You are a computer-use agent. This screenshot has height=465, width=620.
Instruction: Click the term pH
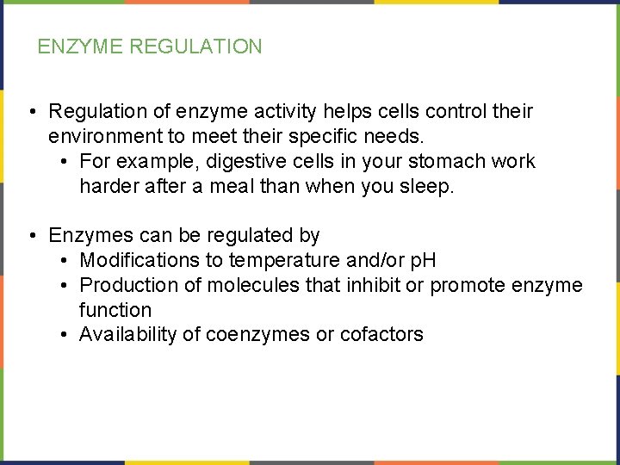point(422,260)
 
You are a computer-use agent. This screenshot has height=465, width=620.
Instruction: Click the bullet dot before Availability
point(65,335)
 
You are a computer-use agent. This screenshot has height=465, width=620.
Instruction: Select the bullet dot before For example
point(65,162)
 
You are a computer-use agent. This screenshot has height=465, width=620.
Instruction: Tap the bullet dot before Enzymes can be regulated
point(31,235)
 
